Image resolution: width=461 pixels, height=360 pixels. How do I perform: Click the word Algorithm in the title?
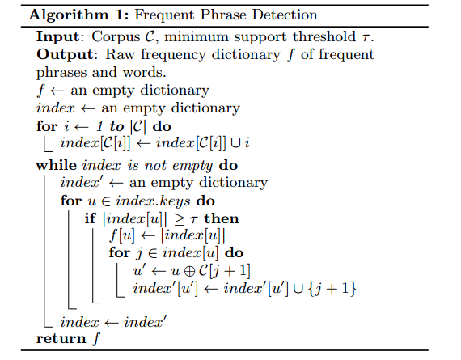click(x=68, y=15)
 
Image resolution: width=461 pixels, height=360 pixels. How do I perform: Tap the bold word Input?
click(x=58, y=38)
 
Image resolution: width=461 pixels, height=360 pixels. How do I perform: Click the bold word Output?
click(x=65, y=55)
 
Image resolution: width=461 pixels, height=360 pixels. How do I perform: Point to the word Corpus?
click(x=116, y=38)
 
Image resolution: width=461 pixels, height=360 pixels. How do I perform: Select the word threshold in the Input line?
click(x=324, y=36)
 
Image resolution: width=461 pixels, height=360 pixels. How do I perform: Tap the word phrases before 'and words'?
click(x=61, y=73)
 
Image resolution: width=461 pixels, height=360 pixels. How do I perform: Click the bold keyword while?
click(x=57, y=165)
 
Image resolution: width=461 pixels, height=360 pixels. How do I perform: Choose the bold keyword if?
click(x=90, y=218)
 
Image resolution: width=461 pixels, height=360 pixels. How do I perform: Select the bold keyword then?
click(x=222, y=218)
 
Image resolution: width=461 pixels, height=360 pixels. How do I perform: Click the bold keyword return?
click(x=61, y=338)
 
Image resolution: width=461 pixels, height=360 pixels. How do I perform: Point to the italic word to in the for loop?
click(x=116, y=127)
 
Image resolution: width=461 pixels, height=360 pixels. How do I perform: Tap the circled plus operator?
click(x=189, y=271)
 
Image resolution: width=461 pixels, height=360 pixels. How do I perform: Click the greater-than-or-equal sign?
click(x=180, y=219)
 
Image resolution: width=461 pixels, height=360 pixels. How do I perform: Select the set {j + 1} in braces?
click(x=332, y=288)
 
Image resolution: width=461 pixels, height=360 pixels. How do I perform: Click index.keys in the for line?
click(x=153, y=201)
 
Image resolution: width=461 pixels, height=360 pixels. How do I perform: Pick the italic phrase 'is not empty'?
click(x=170, y=166)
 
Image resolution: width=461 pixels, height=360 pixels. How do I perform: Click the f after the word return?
click(x=96, y=338)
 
